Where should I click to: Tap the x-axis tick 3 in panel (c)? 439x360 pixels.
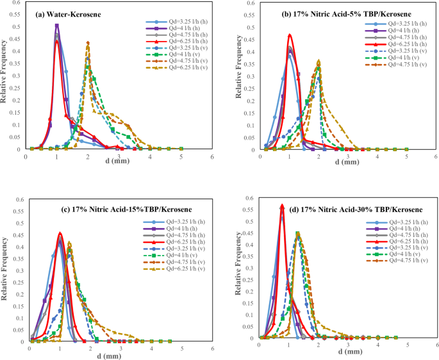[120, 350]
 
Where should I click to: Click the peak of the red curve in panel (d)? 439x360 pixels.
[282, 206]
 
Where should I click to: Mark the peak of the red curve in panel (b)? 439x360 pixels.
[290, 35]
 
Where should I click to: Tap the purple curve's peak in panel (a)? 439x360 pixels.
[57, 25]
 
